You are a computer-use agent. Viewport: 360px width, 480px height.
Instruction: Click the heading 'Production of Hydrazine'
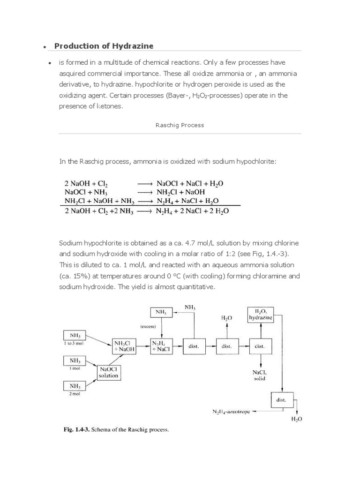click(x=104, y=45)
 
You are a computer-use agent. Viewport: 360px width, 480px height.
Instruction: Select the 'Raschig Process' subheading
click(x=180, y=125)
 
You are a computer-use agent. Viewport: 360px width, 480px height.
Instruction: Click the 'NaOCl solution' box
click(x=108, y=372)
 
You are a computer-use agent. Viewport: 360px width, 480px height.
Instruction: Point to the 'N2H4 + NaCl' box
click(x=161, y=346)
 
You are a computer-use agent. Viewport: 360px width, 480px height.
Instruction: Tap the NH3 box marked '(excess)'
click(x=161, y=311)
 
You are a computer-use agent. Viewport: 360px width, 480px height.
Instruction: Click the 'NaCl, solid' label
click(x=260, y=375)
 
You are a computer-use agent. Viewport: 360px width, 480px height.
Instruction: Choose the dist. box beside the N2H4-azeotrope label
click(x=282, y=400)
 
